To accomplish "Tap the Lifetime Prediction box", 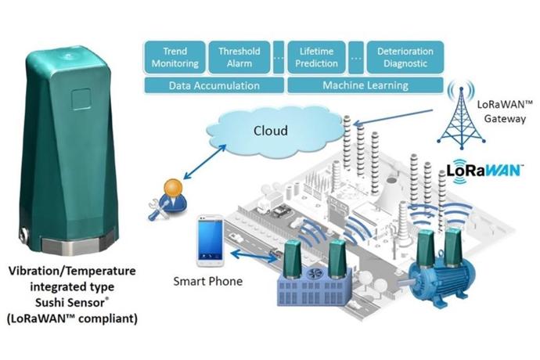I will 318,56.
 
